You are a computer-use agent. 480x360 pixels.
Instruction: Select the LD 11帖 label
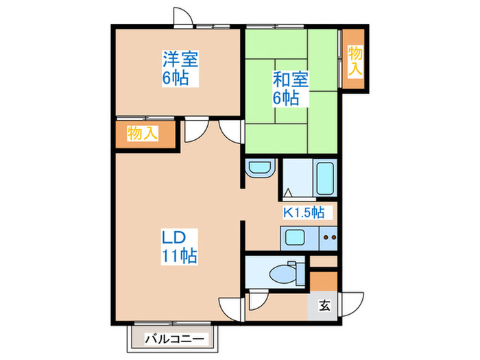point(179,248)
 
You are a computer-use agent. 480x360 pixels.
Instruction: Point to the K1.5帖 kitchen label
point(304,212)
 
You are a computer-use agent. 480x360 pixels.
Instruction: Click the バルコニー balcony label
point(174,339)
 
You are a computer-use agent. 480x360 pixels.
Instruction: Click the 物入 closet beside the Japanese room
point(355,60)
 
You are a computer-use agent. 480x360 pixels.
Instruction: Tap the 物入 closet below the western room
point(143,134)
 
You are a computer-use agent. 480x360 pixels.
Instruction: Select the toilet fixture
point(284,272)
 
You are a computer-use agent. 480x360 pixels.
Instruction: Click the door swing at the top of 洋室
point(182,16)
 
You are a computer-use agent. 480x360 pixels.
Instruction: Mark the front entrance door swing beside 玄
point(354,302)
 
